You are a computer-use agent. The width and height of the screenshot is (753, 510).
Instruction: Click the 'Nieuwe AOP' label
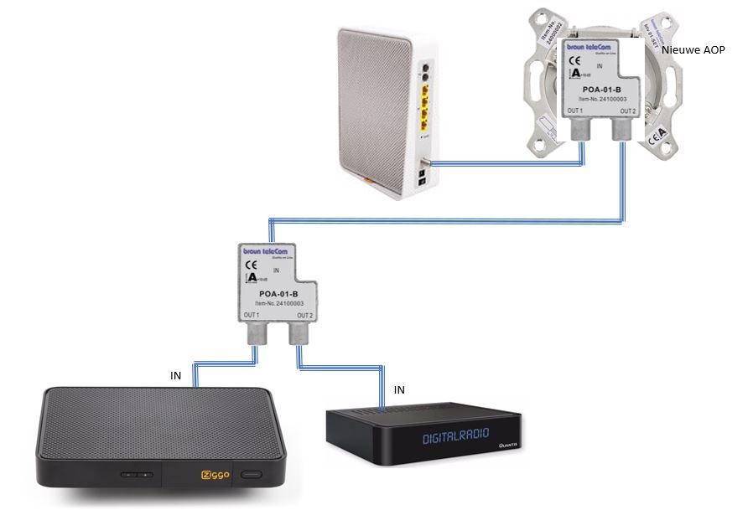pos(693,50)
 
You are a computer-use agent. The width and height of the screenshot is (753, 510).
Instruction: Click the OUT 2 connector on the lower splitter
pos(299,335)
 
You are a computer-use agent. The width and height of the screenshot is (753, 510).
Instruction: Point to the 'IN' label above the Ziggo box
pos(176,377)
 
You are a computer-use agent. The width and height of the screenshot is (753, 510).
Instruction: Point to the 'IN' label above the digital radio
pos(399,390)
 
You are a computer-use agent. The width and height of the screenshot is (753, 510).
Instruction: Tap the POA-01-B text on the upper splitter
pos(601,90)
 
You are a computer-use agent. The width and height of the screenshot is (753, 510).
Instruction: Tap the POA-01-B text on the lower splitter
pos(278,294)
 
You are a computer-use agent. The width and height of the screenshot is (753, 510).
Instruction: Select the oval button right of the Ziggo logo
pos(251,475)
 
